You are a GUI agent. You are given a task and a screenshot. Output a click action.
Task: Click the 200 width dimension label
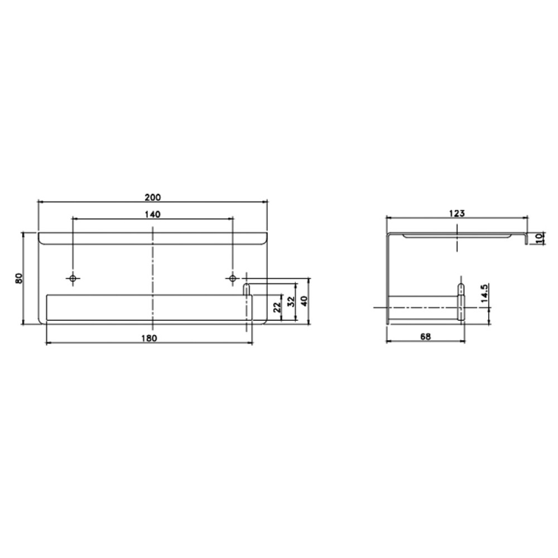click(153, 197)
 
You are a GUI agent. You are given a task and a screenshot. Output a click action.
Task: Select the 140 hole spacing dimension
click(153, 214)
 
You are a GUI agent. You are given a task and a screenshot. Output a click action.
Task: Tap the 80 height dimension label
click(19, 278)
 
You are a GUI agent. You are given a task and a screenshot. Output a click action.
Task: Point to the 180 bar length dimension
click(149, 338)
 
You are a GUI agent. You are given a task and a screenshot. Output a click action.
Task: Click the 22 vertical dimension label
click(277, 307)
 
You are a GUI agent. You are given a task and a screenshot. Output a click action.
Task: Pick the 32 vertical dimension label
click(291, 301)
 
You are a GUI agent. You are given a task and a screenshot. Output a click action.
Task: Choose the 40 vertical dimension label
click(304, 301)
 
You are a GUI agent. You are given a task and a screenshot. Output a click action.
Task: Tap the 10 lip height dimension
click(540, 238)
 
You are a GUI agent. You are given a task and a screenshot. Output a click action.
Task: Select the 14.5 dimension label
click(484, 294)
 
